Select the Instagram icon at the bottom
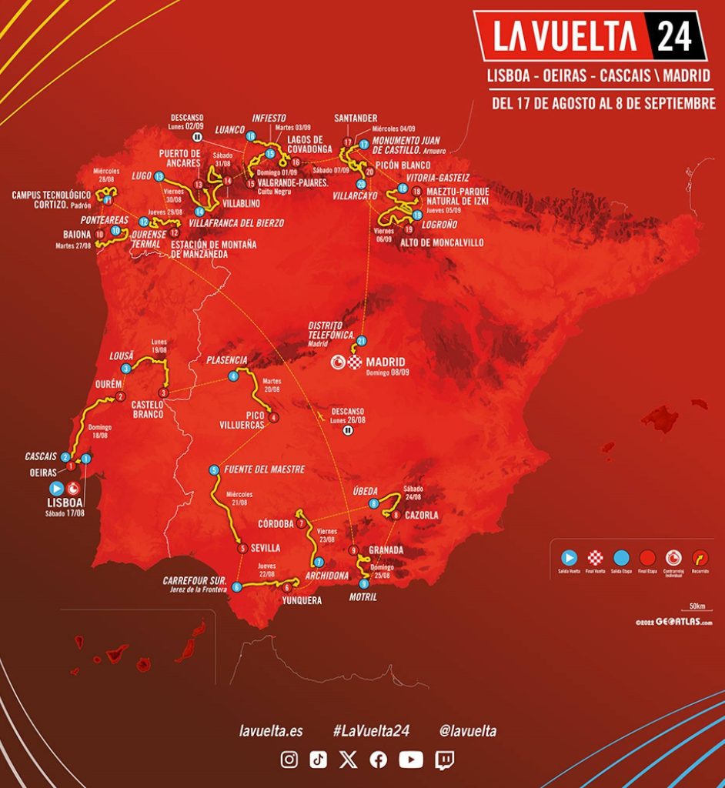click(289, 760)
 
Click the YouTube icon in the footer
click(411, 760)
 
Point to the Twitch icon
click(445, 760)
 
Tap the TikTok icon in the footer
click(319, 760)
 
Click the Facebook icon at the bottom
click(379, 760)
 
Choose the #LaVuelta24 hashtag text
click(370, 731)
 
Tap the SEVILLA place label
click(266, 548)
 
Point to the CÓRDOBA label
click(276, 523)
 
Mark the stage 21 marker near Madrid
click(361, 340)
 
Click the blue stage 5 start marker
click(214, 470)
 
